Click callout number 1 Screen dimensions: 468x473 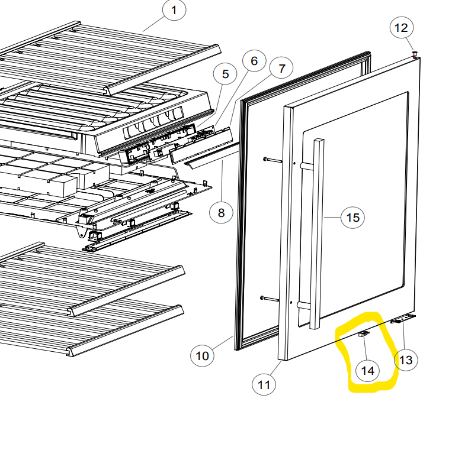point(174,10)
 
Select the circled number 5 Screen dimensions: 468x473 point(225,74)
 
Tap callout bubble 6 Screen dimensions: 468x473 point(254,61)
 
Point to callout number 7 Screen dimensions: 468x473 point(281,69)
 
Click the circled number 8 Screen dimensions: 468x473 point(222,213)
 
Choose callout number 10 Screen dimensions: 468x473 point(202,356)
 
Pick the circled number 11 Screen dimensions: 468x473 point(264,384)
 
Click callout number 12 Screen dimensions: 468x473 point(402,28)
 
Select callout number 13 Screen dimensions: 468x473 point(406,360)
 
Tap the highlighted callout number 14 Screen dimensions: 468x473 point(368,371)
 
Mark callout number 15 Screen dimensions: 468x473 point(352,217)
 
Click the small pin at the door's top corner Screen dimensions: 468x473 point(415,54)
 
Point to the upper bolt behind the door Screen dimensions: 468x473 point(273,160)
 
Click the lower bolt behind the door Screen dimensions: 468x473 point(270,299)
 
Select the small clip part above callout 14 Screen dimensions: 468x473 point(364,333)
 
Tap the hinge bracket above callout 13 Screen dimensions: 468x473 point(403,319)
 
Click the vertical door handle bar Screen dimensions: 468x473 point(316,234)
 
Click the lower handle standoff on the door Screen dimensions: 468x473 point(304,305)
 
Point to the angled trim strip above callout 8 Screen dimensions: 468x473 point(212,154)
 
